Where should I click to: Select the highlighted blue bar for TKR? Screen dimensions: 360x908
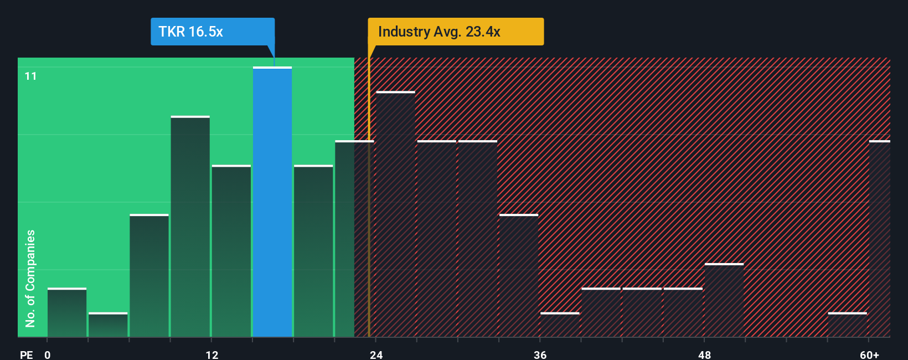click(272, 202)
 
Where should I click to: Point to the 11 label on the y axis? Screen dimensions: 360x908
click(31, 76)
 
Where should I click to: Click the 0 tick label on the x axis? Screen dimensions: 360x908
click(48, 354)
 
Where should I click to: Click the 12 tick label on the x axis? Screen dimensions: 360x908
click(212, 354)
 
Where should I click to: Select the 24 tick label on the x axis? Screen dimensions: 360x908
click(376, 354)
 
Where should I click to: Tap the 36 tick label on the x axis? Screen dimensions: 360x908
click(540, 354)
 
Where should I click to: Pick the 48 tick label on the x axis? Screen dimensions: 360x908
click(704, 354)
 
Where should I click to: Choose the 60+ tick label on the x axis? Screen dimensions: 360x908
click(869, 354)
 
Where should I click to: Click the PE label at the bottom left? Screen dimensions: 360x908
click(26, 354)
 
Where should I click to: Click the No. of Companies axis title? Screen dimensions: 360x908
click(30, 278)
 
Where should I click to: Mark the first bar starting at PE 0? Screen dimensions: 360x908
click(67, 313)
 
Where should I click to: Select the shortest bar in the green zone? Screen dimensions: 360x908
click(108, 325)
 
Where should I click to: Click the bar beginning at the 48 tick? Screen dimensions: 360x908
click(724, 300)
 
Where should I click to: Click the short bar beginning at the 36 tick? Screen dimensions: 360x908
click(560, 325)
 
